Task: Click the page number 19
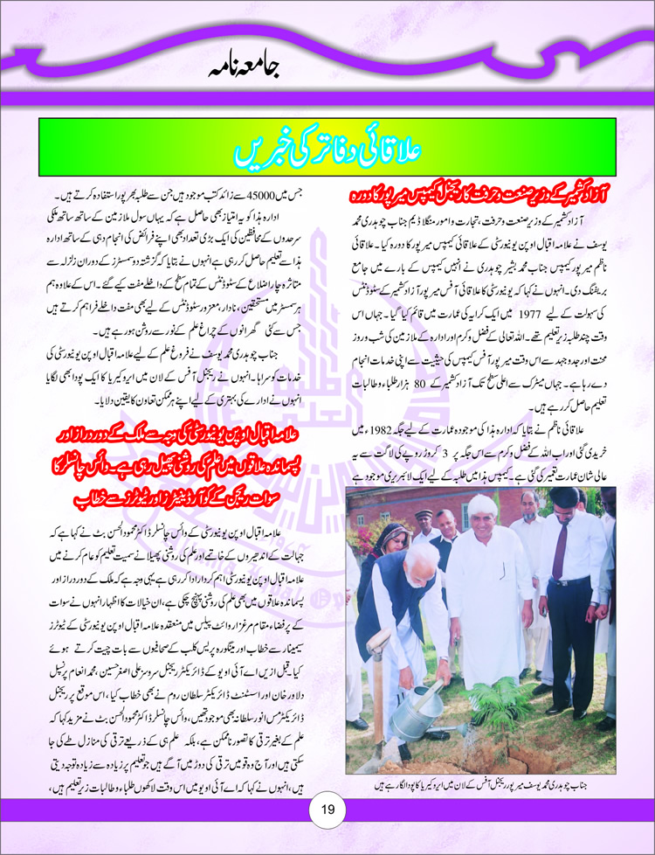[x=327, y=809]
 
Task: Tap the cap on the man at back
[x=424, y=512]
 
